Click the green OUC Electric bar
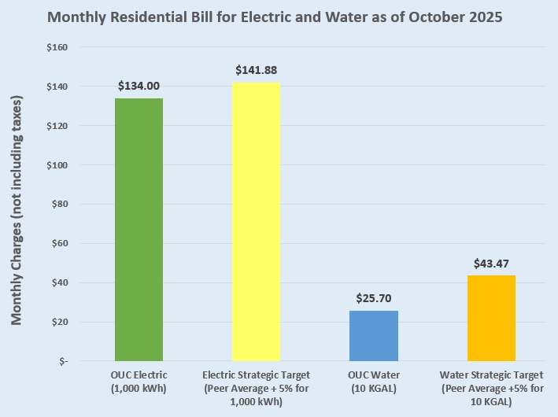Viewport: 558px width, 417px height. (x=139, y=230)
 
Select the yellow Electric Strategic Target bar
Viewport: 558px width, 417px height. (x=256, y=222)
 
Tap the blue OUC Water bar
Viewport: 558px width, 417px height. (x=374, y=336)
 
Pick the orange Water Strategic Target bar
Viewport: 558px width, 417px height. (x=491, y=318)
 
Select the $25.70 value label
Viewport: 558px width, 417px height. (x=374, y=298)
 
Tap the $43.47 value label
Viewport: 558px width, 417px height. (x=491, y=263)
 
